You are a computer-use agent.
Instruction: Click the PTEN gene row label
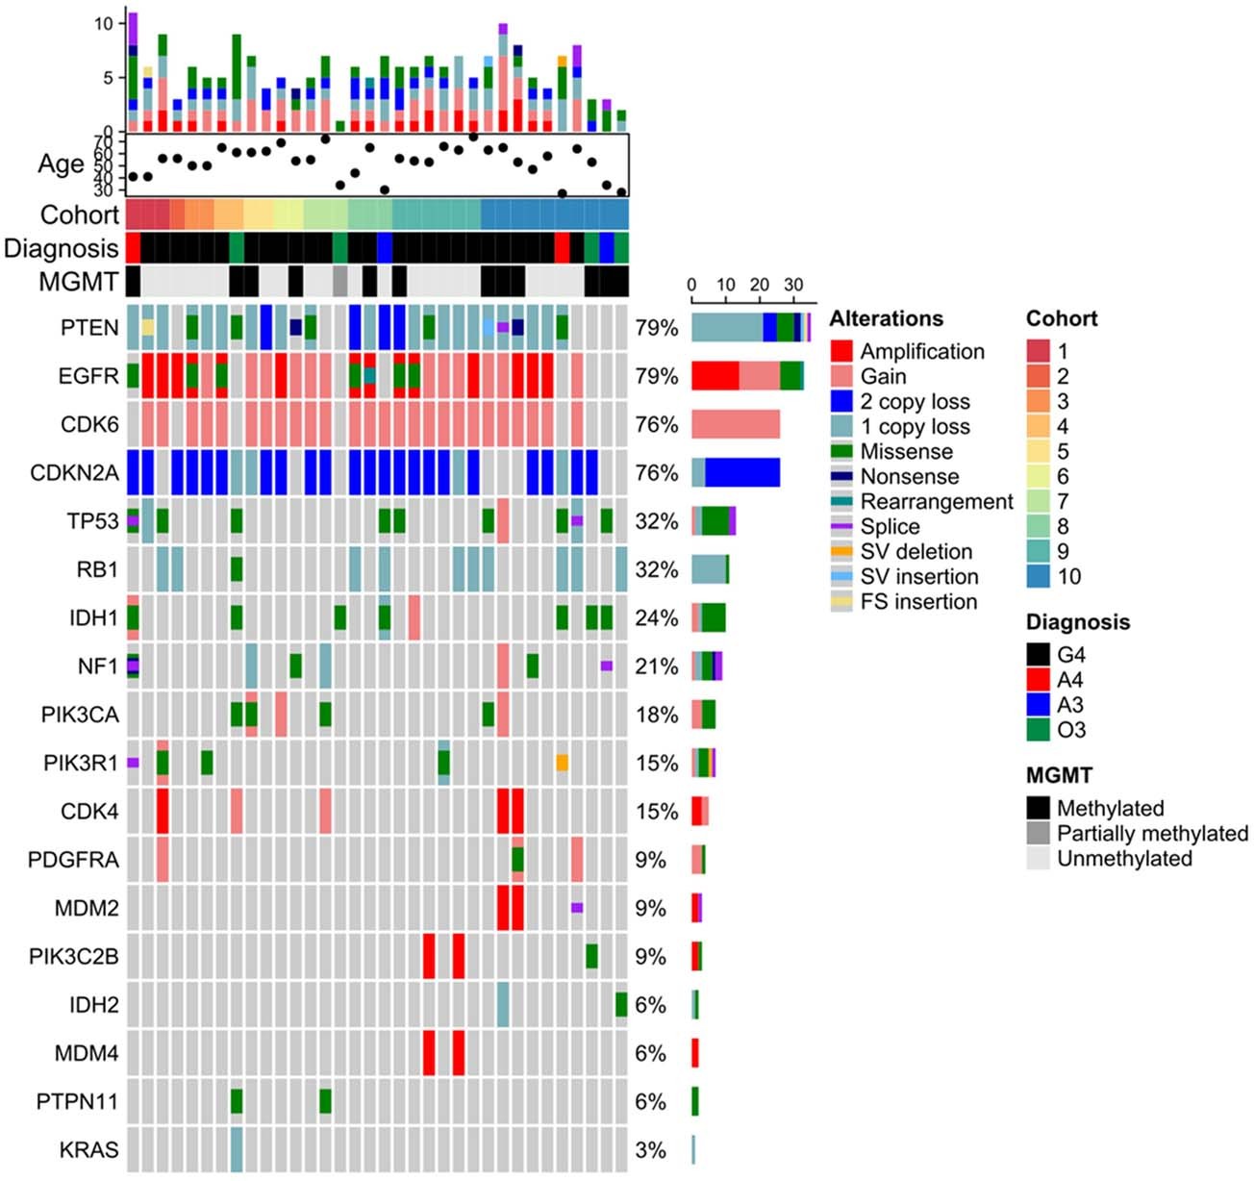pyautogui.click(x=89, y=328)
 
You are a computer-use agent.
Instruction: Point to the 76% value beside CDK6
pyautogui.click(x=656, y=425)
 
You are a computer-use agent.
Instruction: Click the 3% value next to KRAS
pyautogui.click(x=650, y=1150)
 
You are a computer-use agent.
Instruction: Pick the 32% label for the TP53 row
pyautogui.click(x=656, y=521)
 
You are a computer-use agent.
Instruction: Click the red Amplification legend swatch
pyautogui.click(x=841, y=352)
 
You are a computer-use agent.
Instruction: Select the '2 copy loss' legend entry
pyautogui.click(x=915, y=402)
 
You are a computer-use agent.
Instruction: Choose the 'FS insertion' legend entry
pyautogui.click(x=918, y=602)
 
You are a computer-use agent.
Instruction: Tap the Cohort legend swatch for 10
pyautogui.click(x=1039, y=577)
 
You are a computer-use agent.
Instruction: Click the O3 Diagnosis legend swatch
pyautogui.click(x=1039, y=730)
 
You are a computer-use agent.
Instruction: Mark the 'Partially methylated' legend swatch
pyautogui.click(x=1039, y=834)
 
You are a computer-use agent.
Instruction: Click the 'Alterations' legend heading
pyautogui.click(x=886, y=318)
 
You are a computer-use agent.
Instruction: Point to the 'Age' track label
pyautogui.click(x=62, y=164)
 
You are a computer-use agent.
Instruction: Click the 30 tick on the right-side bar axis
pyautogui.click(x=793, y=286)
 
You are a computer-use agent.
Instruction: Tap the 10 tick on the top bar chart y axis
pyautogui.click(x=104, y=23)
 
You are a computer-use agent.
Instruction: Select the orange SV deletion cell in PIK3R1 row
pyautogui.click(x=563, y=763)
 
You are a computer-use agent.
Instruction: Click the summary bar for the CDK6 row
pyautogui.click(x=736, y=425)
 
